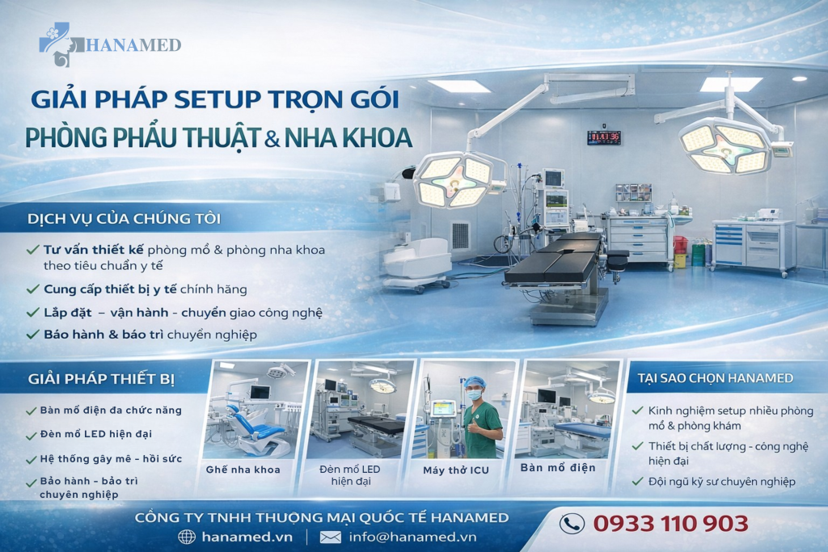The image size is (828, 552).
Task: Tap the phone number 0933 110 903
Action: click(x=670, y=524)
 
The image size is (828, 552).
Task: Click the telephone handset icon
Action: click(x=572, y=524)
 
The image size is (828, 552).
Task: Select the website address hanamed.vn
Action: click(x=247, y=537)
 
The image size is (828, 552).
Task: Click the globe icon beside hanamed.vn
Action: click(x=187, y=537)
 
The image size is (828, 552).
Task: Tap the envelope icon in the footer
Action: click(x=331, y=537)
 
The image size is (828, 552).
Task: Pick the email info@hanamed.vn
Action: click(x=412, y=537)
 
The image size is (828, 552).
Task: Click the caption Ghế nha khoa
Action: click(x=243, y=470)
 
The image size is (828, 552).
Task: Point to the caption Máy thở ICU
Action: click(x=456, y=470)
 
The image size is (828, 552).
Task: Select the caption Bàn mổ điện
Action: click(x=558, y=468)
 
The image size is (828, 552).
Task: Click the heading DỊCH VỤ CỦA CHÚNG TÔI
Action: click(x=124, y=218)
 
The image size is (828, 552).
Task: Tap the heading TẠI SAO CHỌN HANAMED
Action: click(x=715, y=378)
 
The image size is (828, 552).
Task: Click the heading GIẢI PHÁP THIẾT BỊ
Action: click(x=101, y=379)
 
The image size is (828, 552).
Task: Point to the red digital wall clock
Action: click(x=604, y=137)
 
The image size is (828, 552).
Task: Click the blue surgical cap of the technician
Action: click(x=475, y=381)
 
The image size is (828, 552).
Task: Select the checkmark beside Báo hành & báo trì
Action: click(x=32, y=334)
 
